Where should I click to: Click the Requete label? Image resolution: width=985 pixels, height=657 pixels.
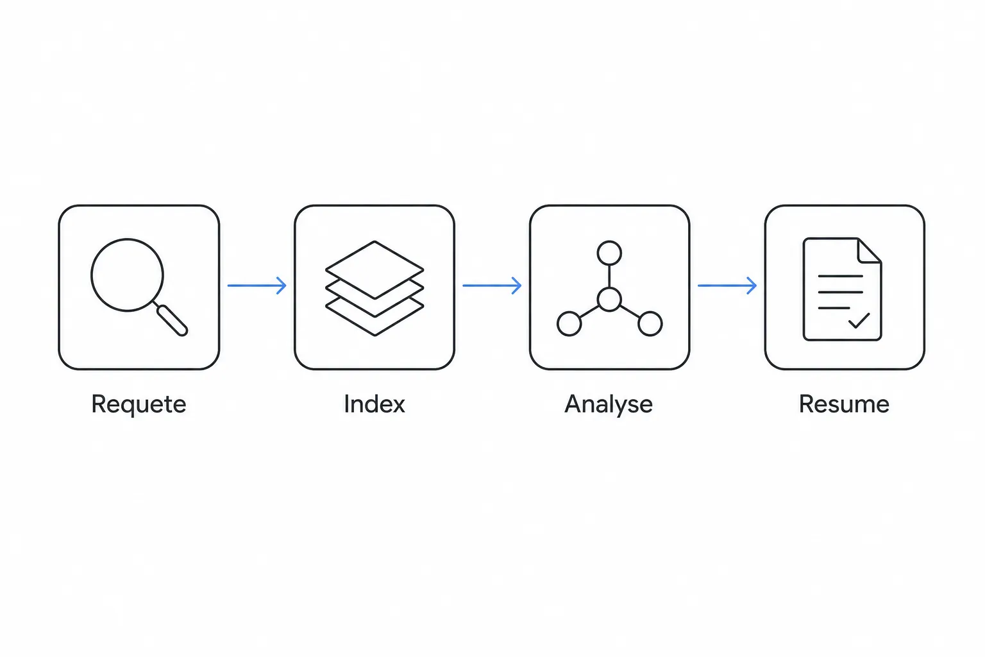tap(139, 404)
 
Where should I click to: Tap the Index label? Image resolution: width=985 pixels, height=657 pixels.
tap(375, 404)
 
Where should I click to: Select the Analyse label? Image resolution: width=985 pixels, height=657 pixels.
tap(609, 404)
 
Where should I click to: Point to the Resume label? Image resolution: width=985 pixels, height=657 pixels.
tap(844, 404)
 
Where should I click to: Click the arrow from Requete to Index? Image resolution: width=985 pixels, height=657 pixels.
tap(257, 286)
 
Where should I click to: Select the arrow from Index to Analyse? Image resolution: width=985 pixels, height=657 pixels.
tap(492, 286)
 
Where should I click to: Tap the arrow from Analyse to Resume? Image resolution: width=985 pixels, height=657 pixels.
tap(727, 286)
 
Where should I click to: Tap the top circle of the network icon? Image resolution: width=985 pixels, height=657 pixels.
tap(609, 253)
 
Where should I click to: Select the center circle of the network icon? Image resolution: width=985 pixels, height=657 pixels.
tap(609, 299)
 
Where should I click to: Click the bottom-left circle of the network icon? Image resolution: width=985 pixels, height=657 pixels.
tap(569, 324)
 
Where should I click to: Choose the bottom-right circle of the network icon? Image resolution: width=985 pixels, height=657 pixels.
tap(650, 324)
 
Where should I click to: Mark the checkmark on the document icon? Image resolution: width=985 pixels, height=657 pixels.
tap(859, 321)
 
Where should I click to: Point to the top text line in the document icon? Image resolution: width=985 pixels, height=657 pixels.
tap(840, 276)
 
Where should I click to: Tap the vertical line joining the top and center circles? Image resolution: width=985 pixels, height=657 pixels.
tap(609, 277)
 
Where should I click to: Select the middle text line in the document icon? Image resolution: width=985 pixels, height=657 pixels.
tap(840, 292)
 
